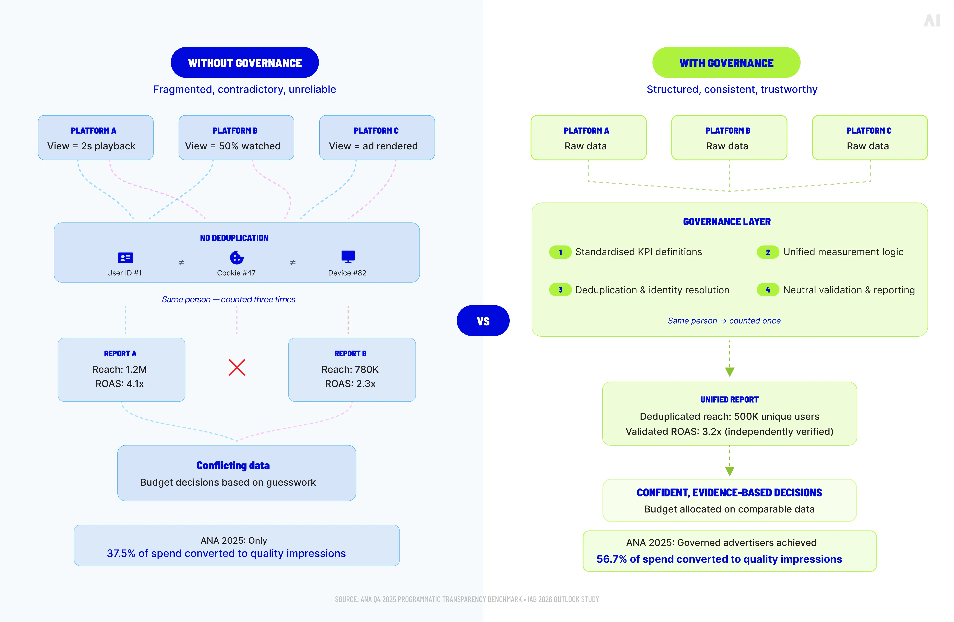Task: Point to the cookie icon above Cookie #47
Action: (237, 257)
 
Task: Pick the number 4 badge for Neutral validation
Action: (768, 290)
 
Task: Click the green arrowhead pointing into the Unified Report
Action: (729, 372)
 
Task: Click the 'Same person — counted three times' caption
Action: (229, 299)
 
